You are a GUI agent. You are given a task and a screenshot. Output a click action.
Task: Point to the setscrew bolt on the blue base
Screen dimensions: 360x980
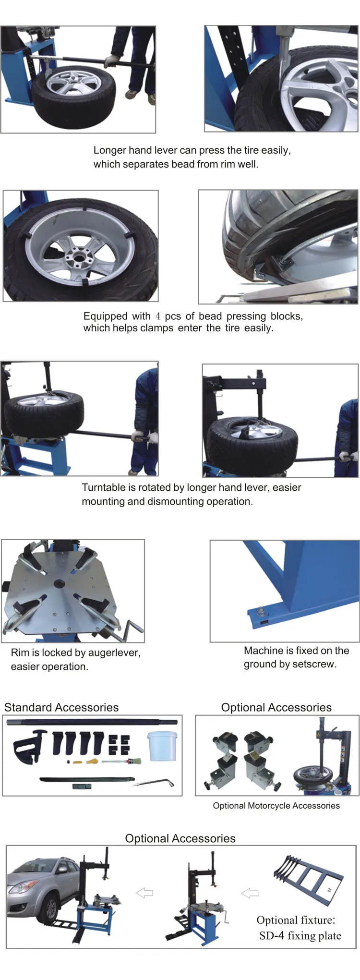pos(260,612)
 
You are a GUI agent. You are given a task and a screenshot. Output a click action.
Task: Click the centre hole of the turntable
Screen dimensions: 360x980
pos(60,584)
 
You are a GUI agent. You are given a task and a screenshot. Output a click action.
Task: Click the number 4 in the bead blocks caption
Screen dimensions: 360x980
pos(157,316)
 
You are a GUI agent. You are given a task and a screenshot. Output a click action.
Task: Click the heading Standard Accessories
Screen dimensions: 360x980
pos(61,707)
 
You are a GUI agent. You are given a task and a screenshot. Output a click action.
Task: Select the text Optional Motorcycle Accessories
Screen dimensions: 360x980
pos(276,806)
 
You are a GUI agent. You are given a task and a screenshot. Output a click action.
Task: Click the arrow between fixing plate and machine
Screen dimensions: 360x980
pos(249,893)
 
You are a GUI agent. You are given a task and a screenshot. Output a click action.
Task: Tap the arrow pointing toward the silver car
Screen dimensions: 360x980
pos(144,893)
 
